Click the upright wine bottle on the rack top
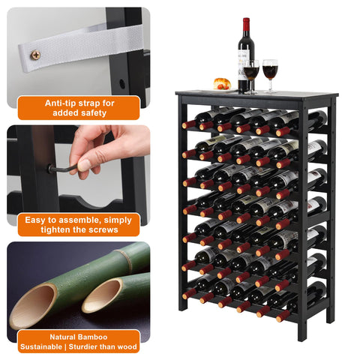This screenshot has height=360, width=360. pyautogui.click(x=246, y=60)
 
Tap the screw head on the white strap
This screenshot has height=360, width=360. pyautogui.click(x=34, y=55)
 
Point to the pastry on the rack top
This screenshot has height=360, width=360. pyautogui.click(x=221, y=84)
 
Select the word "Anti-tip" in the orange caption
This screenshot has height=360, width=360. pyautogui.click(x=63, y=103)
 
